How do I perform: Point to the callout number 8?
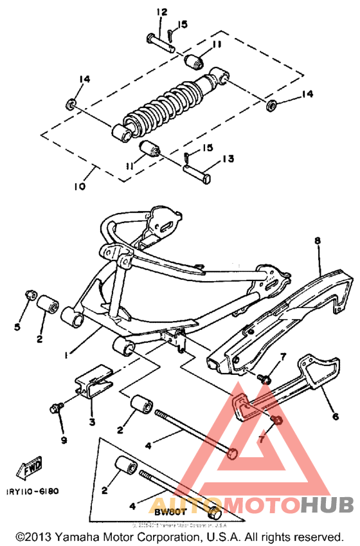pyautogui.click(x=317, y=242)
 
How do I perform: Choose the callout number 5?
pyautogui.click(x=18, y=327)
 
